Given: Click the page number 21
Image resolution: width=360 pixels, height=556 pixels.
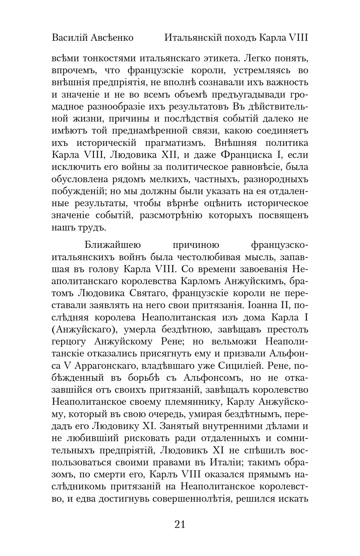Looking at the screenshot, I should click(180, 524).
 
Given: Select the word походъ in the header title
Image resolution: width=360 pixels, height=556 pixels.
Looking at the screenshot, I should click(240, 38).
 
